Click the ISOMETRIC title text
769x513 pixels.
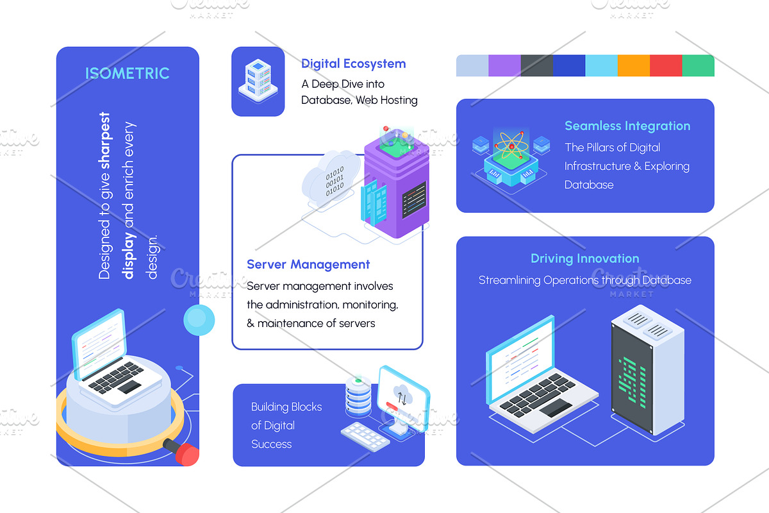pyautogui.click(x=128, y=73)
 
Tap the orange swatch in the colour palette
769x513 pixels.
pyautogui.click(x=633, y=65)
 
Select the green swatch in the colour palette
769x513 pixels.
pyautogui.click(x=699, y=65)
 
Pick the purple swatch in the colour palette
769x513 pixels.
pyautogui.click(x=504, y=65)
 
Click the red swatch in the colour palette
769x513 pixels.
pyautogui.click(x=666, y=65)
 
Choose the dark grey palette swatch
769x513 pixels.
pyautogui.click(x=536, y=65)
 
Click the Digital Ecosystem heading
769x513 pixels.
pyautogui.click(x=353, y=64)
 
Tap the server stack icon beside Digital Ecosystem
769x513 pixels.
pyautogui.click(x=258, y=81)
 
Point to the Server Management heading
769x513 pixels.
pyautogui.click(x=308, y=264)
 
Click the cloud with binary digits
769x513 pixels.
pyautogui.click(x=330, y=180)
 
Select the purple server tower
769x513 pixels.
pyautogui.click(x=397, y=184)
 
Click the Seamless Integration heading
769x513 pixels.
pyautogui.click(x=627, y=126)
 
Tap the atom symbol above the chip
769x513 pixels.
pyautogui.click(x=511, y=146)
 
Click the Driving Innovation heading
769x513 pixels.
pyautogui.click(x=585, y=258)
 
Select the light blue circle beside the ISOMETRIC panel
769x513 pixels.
pyautogui.click(x=199, y=320)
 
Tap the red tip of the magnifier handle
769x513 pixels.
pyautogui.click(x=187, y=455)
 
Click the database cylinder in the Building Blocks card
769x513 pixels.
pyautogui.click(x=358, y=396)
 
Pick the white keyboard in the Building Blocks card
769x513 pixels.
pyautogui.click(x=365, y=437)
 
